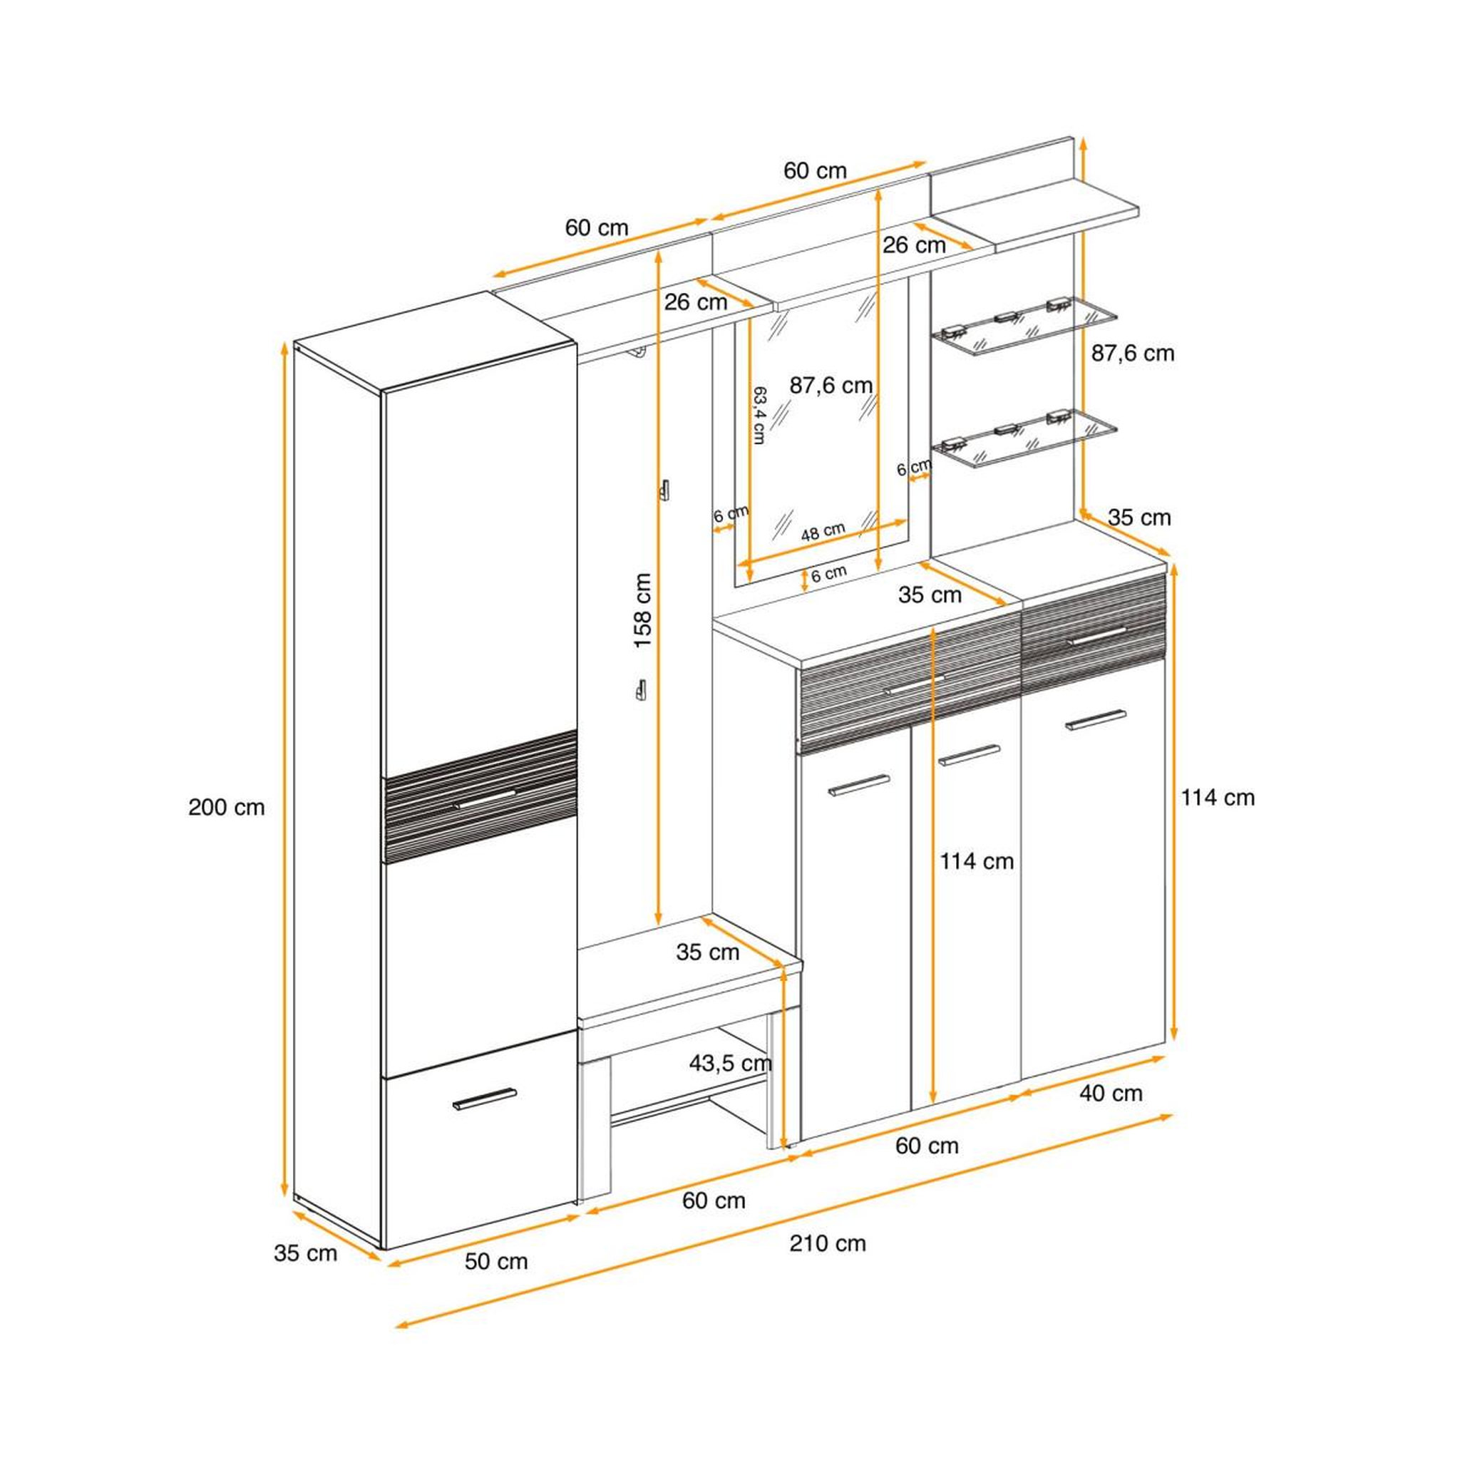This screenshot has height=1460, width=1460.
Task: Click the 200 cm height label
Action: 227,807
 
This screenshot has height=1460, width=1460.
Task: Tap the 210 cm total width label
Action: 828,1243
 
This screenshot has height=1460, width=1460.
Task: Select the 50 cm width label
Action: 495,1261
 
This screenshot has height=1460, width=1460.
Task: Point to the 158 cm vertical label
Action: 642,610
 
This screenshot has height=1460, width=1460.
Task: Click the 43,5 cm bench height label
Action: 730,1063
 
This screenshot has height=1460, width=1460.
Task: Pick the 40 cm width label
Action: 1111,1093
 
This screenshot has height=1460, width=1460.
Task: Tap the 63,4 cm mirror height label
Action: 759,415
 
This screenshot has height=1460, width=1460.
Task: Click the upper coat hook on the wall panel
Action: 666,490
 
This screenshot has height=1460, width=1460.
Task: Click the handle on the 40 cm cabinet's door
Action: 1096,720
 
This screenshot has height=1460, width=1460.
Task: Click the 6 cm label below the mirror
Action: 829,575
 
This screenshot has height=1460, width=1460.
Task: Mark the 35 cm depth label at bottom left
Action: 305,1253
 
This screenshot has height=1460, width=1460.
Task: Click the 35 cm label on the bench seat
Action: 707,952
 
